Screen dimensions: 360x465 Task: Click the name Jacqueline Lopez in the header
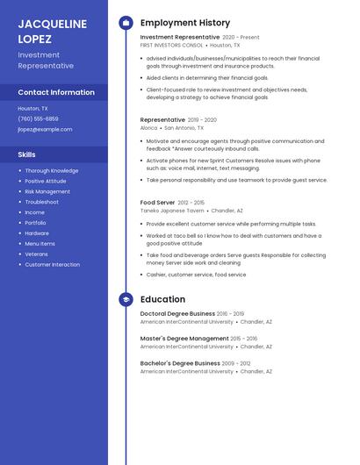coord(53,32)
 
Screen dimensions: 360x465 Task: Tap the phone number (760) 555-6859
coord(38,118)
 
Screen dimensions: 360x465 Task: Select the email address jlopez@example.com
coord(45,129)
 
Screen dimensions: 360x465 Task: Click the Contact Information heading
coord(56,92)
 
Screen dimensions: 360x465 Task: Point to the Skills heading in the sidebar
coord(26,154)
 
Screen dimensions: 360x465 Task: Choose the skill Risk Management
coord(47,191)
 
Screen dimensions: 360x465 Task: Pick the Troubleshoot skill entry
coord(42,202)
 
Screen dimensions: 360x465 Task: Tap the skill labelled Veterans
coord(37,254)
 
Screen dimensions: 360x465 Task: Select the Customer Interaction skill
coord(52,265)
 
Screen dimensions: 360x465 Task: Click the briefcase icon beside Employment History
coord(126,23)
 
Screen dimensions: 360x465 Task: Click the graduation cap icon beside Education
coord(126,299)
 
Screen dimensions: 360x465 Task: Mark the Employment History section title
coord(185,23)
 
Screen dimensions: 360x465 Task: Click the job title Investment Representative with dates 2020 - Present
coord(180,38)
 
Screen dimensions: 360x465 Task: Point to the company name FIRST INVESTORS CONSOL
coord(172,45)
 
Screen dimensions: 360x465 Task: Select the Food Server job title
coord(157,203)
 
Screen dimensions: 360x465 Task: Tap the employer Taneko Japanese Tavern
coord(172,211)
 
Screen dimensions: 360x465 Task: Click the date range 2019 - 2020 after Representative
coord(202,120)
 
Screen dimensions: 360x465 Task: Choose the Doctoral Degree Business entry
coord(177,313)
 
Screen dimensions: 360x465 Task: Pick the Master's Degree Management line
coord(184,338)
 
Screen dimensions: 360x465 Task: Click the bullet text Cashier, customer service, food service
coord(196,275)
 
